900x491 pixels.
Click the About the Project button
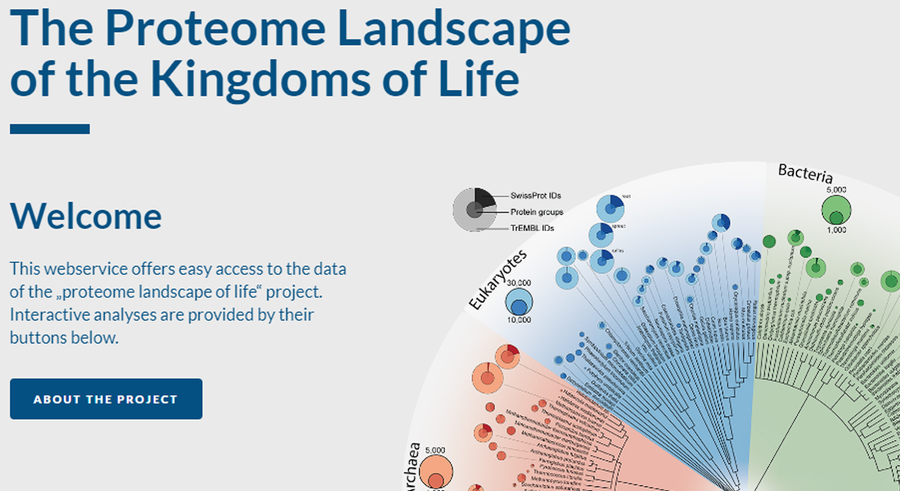(x=106, y=399)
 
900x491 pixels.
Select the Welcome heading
(x=86, y=216)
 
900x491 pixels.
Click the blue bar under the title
(x=50, y=128)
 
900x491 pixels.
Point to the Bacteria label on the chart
(x=805, y=173)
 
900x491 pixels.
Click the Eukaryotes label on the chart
(x=497, y=280)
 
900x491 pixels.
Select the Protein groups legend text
(x=537, y=212)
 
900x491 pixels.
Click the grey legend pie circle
(x=474, y=209)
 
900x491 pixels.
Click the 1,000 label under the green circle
(x=836, y=231)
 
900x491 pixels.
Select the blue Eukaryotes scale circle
(x=518, y=304)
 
